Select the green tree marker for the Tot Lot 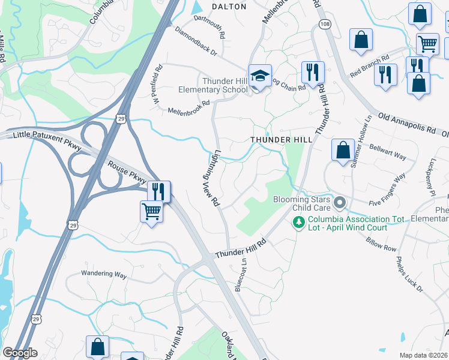point(298,223)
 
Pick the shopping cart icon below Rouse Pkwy point(151,211)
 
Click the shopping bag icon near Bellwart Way point(343,150)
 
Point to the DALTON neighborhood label point(229,7)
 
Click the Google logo point(20,353)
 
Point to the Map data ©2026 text point(423,355)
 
